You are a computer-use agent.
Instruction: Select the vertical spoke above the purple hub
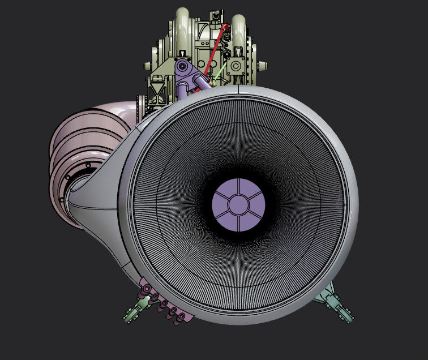(238, 188)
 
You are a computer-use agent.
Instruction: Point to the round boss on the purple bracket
(182, 67)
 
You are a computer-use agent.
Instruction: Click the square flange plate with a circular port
(237, 65)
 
